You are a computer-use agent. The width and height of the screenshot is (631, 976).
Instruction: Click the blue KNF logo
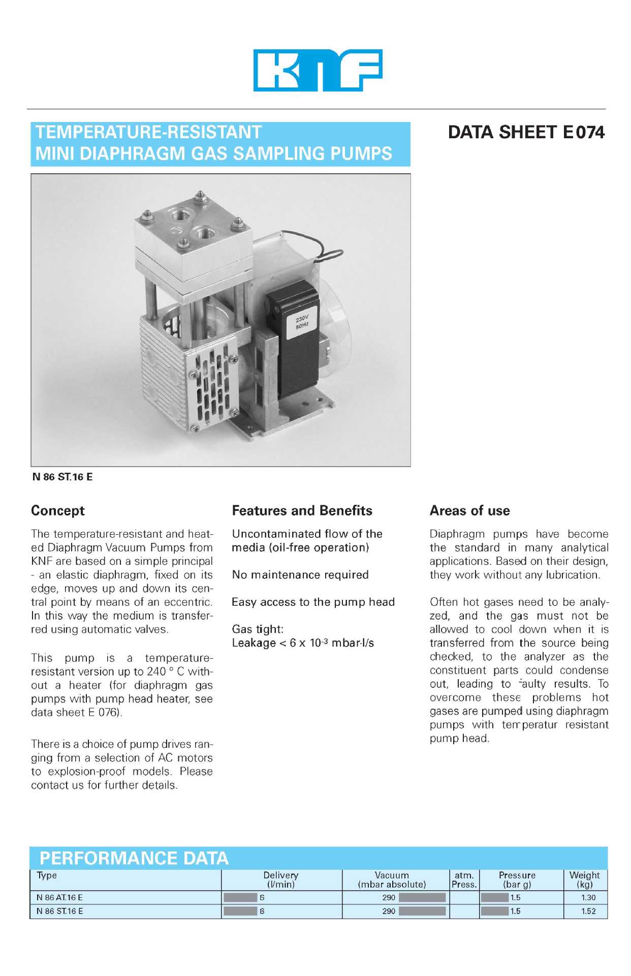coord(318,70)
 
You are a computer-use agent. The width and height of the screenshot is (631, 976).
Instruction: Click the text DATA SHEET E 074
coord(526,133)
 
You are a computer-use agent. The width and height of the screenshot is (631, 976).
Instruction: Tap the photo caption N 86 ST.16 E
coord(62,477)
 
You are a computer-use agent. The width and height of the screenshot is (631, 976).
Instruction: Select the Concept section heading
coord(58,510)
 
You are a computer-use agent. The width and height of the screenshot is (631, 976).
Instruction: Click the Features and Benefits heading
coord(302,510)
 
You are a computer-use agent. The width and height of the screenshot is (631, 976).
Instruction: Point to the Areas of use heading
coord(469,510)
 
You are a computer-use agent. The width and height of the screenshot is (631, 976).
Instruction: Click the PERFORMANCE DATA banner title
coord(134,858)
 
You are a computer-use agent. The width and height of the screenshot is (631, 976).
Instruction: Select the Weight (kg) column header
coord(584,879)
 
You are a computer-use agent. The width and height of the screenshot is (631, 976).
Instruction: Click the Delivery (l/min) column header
coord(281,879)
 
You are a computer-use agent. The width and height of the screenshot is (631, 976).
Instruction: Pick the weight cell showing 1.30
coord(588,898)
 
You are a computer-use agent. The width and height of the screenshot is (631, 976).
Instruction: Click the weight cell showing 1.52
coord(588,911)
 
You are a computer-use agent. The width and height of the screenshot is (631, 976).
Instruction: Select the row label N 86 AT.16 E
coord(59,898)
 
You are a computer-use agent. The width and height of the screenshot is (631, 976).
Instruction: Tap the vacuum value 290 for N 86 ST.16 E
coord(389,911)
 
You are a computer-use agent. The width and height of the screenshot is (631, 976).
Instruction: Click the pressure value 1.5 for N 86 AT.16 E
coord(515,898)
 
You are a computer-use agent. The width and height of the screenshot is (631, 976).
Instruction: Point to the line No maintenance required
coord(300,575)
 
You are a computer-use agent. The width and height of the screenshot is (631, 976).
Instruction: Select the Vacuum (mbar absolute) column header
coord(392,879)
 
